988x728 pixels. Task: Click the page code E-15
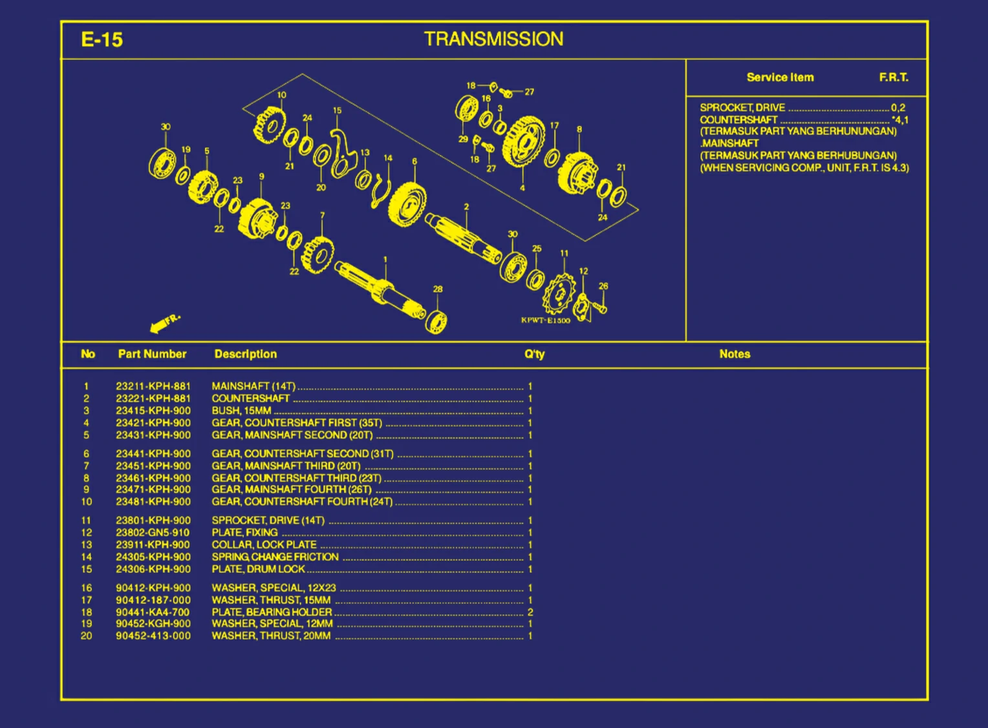pyautogui.click(x=102, y=39)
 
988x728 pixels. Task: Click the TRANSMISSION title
pyautogui.click(x=493, y=39)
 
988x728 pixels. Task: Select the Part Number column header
pyautogui.click(x=152, y=354)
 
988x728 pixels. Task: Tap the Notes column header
pyautogui.click(x=735, y=354)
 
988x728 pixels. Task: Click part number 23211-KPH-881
pyautogui.click(x=153, y=386)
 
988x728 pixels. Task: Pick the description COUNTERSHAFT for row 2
pyautogui.click(x=250, y=399)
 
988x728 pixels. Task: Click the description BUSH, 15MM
pyautogui.click(x=241, y=411)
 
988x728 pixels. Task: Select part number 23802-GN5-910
pyautogui.click(x=153, y=532)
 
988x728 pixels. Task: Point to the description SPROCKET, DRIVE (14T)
pyautogui.click(x=268, y=521)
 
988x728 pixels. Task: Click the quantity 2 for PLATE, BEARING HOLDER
pyautogui.click(x=530, y=612)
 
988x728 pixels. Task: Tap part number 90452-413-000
pyautogui.click(x=153, y=636)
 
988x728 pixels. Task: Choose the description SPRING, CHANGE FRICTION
pyautogui.click(x=275, y=557)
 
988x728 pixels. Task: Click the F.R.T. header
pyautogui.click(x=894, y=78)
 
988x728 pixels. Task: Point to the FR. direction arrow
pyautogui.click(x=165, y=324)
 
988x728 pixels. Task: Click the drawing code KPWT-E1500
pyautogui.click(x=546, y=320)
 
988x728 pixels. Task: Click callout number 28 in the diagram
pyautogui.click(x=438, y=289)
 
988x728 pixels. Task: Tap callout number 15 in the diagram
pyautogui.click(x=337, y=110)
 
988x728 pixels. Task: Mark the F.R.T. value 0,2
pyautogui.click(x=898, y=108)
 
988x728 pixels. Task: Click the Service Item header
pyautogui.click(x=780, y=78)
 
